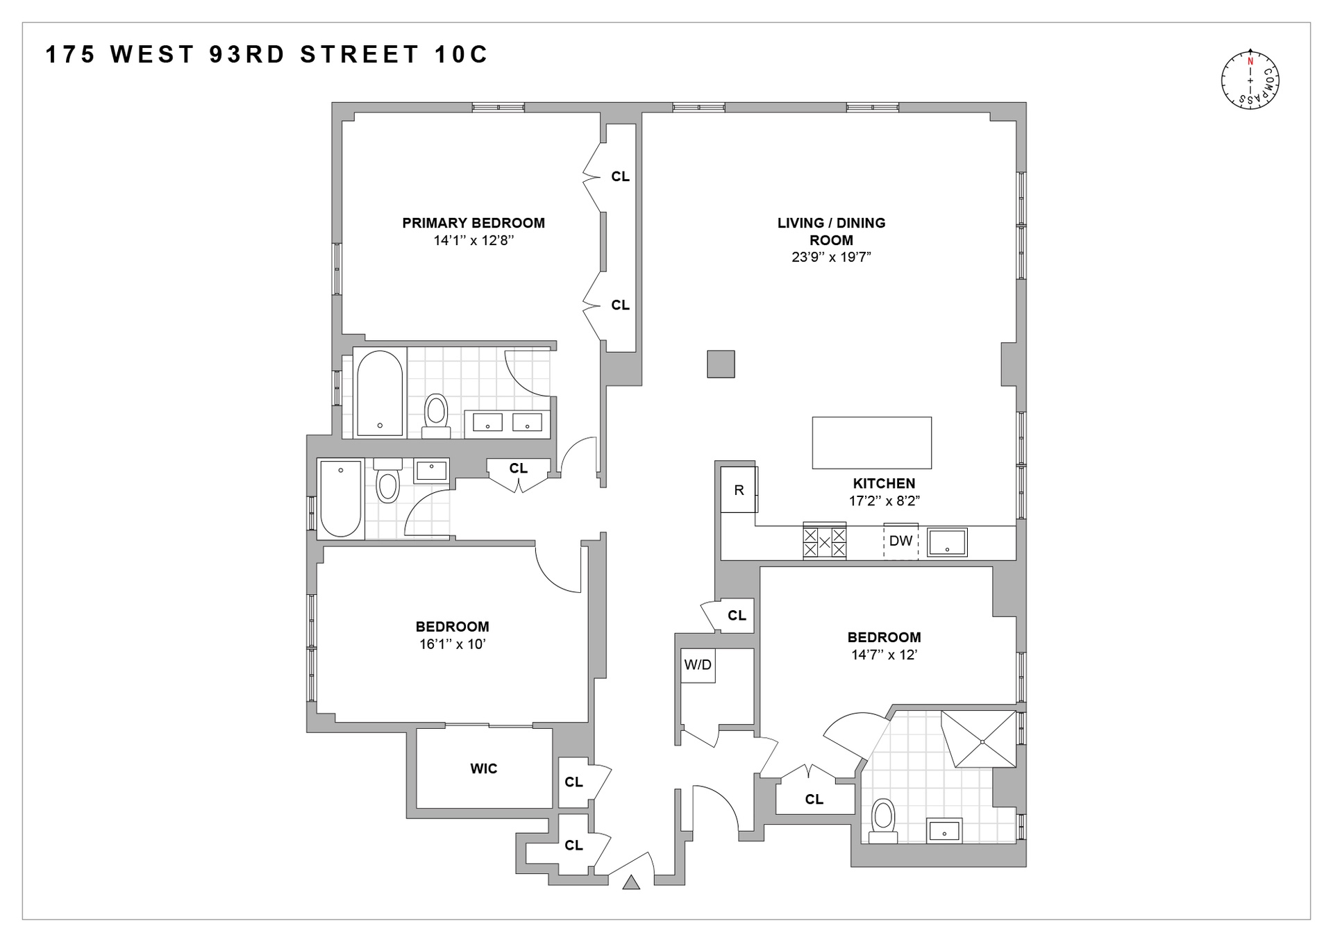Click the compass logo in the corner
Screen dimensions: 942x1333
(x=1250, y=80)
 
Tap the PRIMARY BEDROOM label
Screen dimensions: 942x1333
(x=473, y=223)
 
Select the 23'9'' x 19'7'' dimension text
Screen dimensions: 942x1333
(x=831, y=257)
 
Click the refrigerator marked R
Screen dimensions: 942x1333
(x=739, y=490)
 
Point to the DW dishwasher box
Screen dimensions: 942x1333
(x=900, y=541)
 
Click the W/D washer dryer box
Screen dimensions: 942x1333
(x=698, y=665)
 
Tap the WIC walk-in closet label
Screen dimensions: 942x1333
(x=483, y=768)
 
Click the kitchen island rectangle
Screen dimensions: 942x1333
(x=871, y=443)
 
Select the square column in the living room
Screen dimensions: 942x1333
(x=721, y=364)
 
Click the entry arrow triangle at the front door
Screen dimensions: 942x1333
(x=630, y=882)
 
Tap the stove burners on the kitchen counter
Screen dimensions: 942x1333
(x=824, y=541)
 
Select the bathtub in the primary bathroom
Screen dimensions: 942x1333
(x=379, y=393)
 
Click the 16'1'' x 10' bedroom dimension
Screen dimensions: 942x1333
(x=452, y=644)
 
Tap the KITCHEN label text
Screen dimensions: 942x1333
(x=884, y=483)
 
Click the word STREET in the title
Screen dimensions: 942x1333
(x=360, y=54)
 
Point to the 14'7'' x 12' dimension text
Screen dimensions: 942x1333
(x=884, y=655)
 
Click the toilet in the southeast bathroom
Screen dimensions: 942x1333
(x=883, y=820)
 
